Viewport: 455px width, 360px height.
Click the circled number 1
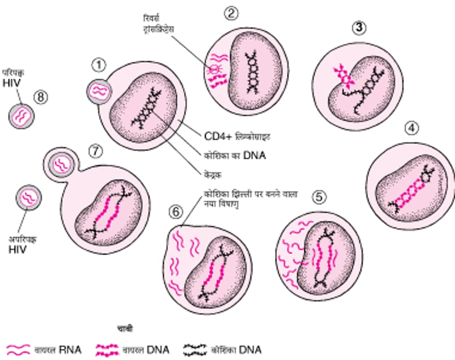98,66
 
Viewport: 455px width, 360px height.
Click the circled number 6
174,211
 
